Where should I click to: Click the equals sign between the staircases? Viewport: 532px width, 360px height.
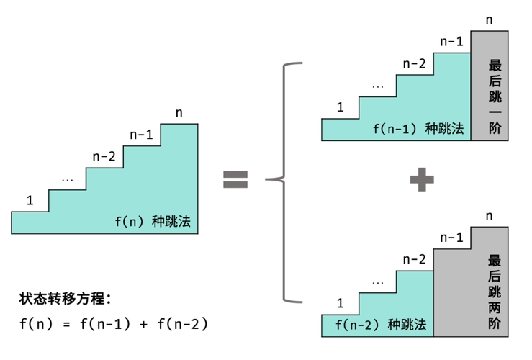235,179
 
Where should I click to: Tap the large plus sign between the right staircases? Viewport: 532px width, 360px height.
421,179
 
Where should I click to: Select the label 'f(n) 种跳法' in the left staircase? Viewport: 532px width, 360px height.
153,222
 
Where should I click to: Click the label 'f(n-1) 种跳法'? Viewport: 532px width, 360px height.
418,130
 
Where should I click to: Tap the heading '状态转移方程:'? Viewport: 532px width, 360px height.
66,298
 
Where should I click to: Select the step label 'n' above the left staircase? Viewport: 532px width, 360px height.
179,112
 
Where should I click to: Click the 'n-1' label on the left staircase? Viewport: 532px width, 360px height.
141,135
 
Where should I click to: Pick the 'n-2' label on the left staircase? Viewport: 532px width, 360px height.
104,156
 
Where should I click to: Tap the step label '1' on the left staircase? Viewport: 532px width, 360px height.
30,199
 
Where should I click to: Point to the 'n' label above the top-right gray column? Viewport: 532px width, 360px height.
490,19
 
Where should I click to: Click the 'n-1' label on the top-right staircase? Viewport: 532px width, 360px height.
451,41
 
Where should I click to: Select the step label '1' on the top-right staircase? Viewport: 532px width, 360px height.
340,107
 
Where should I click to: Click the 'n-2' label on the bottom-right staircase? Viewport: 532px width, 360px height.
414,259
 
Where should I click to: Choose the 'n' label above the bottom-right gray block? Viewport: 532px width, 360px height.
490,215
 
